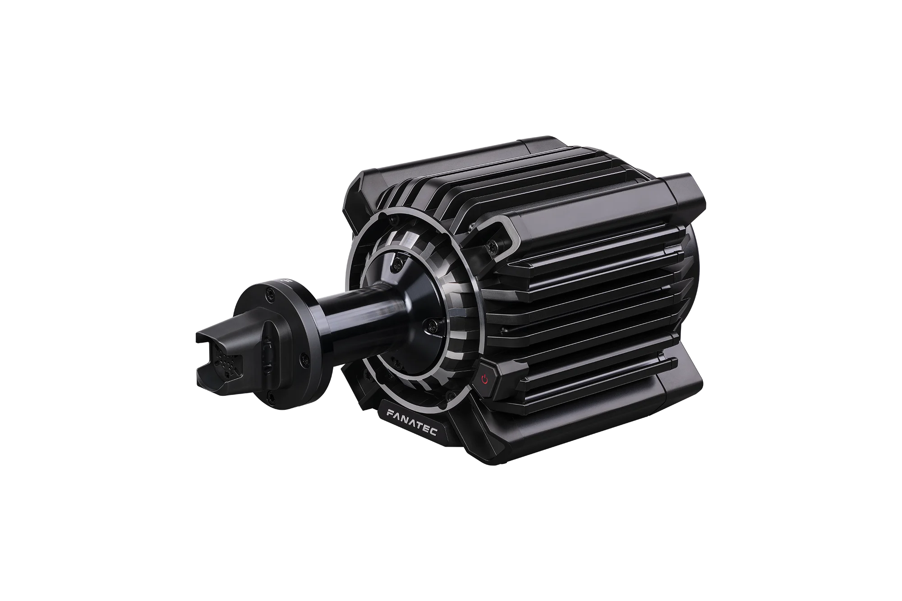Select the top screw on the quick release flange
pyautogui.click(x=269, y=294)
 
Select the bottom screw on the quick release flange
pyautogui.click(x=269, y=395)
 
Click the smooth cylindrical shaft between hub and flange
pyautogui.click(x=356, y=311)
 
